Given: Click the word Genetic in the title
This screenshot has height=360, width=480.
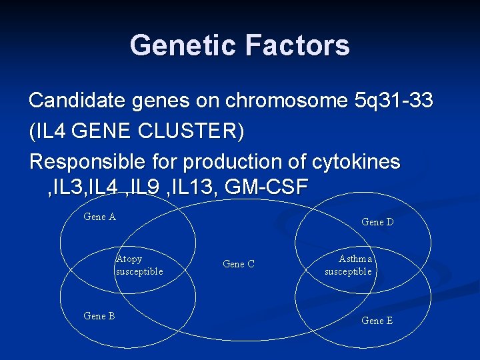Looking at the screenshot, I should tap(183, 45).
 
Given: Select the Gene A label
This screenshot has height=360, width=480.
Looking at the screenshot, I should tap(99, 217).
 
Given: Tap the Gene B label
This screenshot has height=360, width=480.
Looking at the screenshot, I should tap(99, 316).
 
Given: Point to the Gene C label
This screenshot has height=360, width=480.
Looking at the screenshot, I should tap(238, 264).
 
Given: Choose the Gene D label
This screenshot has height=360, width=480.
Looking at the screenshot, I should tap(377, 222).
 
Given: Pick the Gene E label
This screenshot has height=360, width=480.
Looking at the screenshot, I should tap(377, 321).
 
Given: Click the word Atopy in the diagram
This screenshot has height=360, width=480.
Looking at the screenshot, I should tap(129, 259).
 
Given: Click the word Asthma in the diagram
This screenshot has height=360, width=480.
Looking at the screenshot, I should tap(355, 259).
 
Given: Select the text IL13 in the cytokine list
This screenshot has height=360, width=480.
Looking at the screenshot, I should tap(189, 188).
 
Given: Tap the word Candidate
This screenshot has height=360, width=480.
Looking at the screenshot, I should tap(71, 101).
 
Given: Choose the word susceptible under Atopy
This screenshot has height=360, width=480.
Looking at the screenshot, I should tap(139, 271).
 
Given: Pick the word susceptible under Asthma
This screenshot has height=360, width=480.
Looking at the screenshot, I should tap(348, 271).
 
